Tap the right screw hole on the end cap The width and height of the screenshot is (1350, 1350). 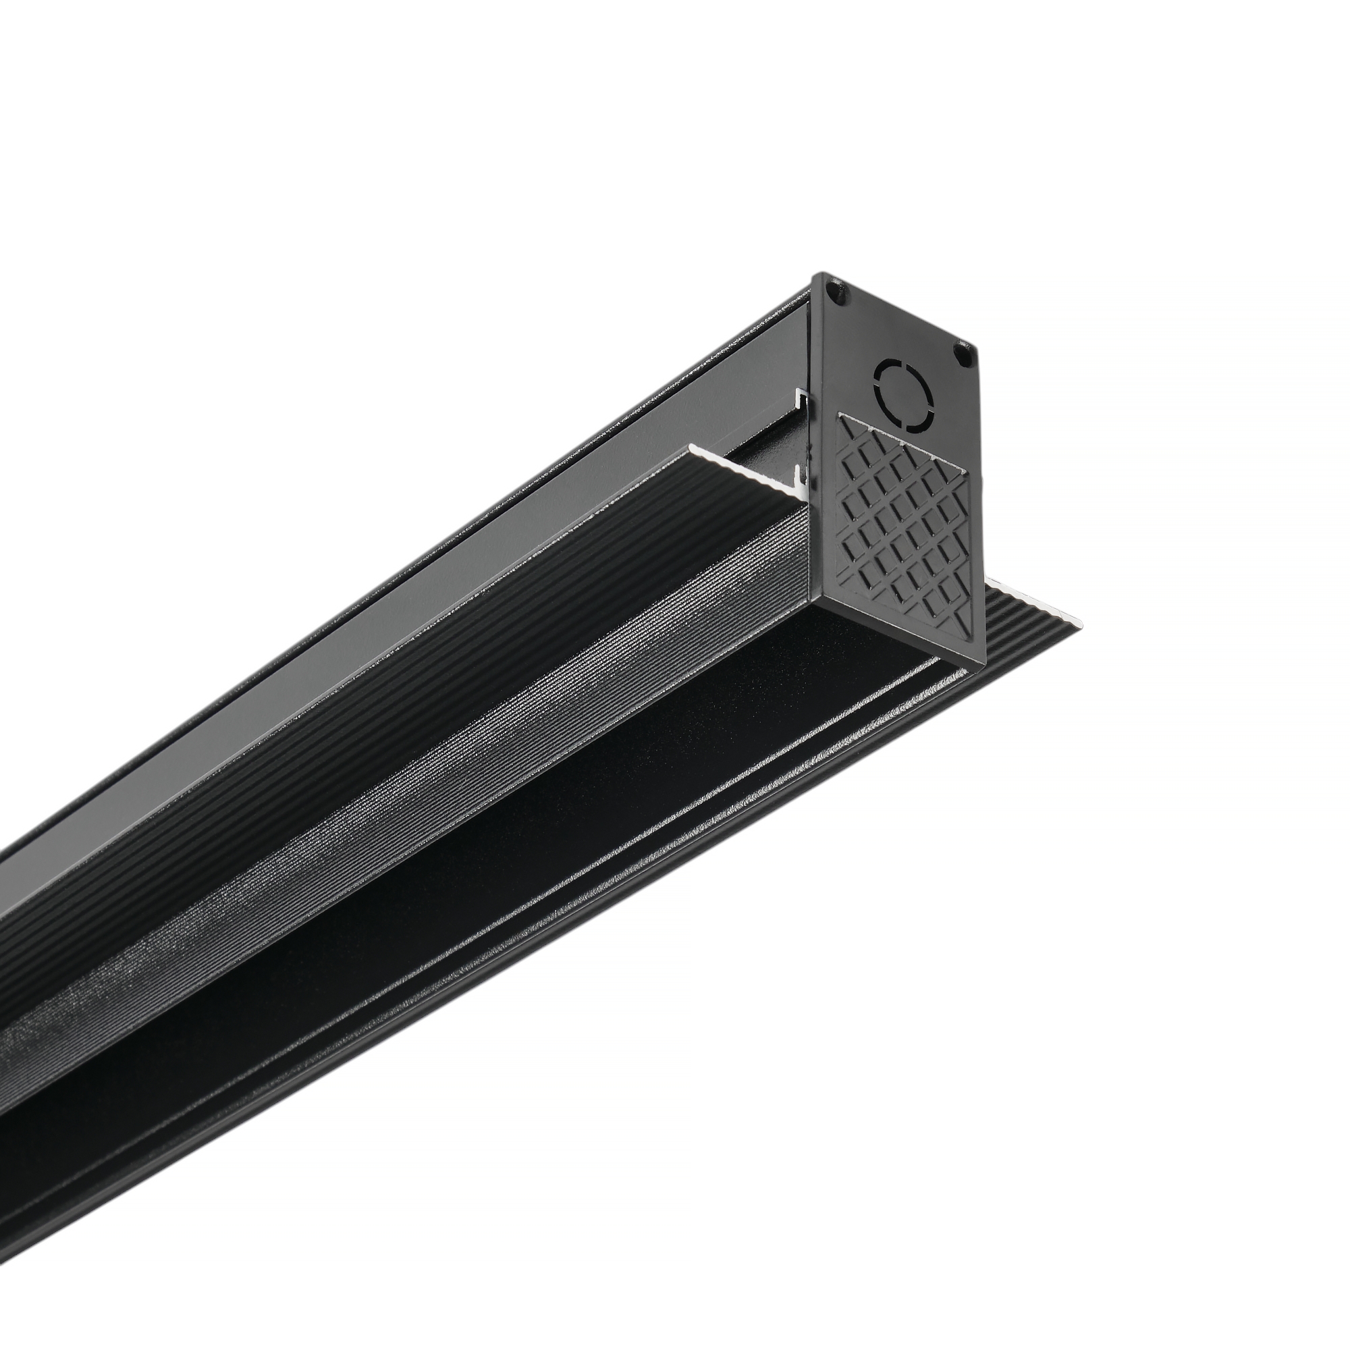(964, 355)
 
